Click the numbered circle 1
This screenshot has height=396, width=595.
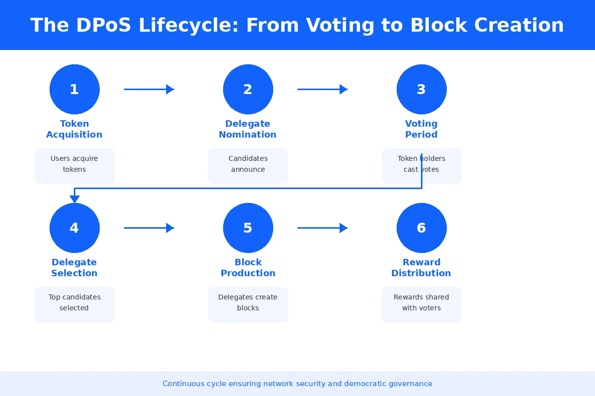[x=74, y=89]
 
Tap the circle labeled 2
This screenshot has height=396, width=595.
[x=248, y=89]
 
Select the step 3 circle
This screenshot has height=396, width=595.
[x=421, y=89]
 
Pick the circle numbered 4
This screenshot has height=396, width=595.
[x=74, y=228]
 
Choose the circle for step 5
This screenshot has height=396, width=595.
[x=248, y=228]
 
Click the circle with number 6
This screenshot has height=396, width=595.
[x=421, y=228]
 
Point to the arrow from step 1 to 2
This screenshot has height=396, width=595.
[x=149, y=89]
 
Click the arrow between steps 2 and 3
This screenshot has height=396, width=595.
[x=322, y=89]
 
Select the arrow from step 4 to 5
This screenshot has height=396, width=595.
[x=149, y=228]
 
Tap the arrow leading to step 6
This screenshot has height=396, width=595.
[x=322, y=228]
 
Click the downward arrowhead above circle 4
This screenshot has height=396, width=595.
[x=74, y=199]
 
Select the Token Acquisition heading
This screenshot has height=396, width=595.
[x=74, y=129]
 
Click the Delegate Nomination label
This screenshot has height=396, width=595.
[x=248, y=129]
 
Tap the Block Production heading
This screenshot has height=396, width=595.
[x=248, y=268]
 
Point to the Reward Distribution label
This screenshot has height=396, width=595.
[x=421, y=268]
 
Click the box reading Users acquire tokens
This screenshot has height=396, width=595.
[x=74, y=166]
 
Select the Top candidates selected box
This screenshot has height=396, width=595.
[x=74, y=304]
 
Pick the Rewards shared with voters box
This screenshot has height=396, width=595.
[x=421, y=304]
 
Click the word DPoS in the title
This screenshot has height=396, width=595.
[x=103, y=25]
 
